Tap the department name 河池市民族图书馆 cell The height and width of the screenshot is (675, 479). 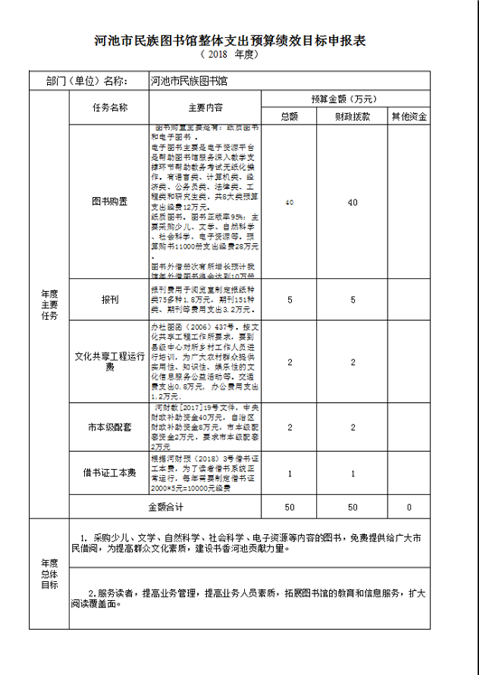[x=190, y=80]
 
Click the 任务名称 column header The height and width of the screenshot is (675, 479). [x=109, y=108]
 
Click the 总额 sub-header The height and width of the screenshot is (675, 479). [x=288, y=117]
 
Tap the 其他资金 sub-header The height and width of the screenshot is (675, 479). [x=409, y=117]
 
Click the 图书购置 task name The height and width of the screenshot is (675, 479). [x=109, y=202]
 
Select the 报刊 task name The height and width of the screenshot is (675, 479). [x=109, y=298]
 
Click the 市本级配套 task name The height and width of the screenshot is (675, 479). [x=109, y=426]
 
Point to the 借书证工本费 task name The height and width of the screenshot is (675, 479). [x=109, y=473]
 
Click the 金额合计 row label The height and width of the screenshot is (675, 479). [x=164, y=507]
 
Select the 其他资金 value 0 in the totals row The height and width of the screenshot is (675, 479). [x=409, y=507]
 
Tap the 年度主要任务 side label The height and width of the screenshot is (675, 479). [x=49, y=305]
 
